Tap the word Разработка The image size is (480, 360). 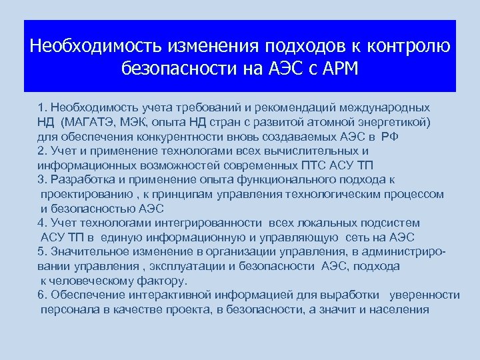(81, 179)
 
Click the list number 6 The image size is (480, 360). (42, 295)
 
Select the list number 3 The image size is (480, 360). (42, 179)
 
